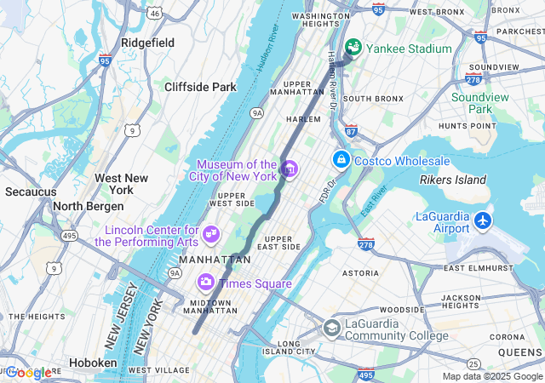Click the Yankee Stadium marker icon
(x=353, y=47)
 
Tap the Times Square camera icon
(x=205, y=282)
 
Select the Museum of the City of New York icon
(x=289, y=169)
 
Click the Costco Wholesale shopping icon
(x=341, y=159)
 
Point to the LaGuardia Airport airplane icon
(x=483, y=220)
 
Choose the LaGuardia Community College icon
(x=332, y=328)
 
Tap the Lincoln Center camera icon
(x=210, y=232)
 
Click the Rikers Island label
(x=453, y=180)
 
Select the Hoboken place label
(x=93, y=363)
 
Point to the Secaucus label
(x=30, y=191)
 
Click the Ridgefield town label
(x=147, y=42)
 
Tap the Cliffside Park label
(x=200, y=87)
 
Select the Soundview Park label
(x=481, y=103)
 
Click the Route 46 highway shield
(x=154, y=14)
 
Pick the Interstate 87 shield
(x=351, y=130)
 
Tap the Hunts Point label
(x=467, y=125)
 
